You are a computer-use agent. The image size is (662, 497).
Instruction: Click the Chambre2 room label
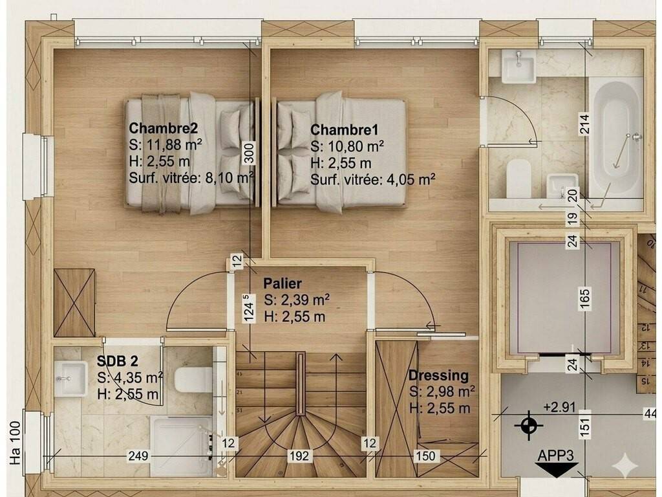163,127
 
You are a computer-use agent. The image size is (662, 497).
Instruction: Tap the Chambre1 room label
344,129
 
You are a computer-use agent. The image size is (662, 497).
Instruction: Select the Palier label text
283,283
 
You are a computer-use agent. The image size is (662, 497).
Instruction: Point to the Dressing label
438,375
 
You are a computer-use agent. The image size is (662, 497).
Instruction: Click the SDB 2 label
118,361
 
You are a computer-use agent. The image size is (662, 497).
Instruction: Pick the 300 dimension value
250,153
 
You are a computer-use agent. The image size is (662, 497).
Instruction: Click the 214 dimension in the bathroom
584,124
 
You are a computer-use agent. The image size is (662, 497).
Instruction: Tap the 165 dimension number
584,299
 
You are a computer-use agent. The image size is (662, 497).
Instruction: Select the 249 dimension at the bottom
138,456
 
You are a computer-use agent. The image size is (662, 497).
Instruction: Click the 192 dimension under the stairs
299,456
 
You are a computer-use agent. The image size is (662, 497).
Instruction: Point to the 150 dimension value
425,456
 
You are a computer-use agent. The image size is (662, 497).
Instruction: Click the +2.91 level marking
560,407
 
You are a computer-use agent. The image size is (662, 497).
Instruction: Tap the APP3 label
555,456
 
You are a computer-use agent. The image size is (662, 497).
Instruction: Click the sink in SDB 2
71,379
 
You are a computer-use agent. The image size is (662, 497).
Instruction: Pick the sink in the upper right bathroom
518,66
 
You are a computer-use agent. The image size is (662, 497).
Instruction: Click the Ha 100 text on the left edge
15,443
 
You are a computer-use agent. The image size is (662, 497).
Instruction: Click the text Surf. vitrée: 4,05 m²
373,180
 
